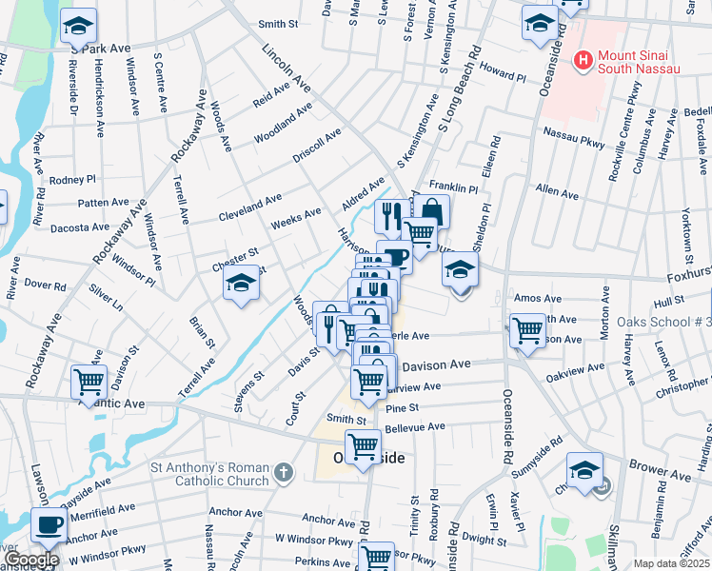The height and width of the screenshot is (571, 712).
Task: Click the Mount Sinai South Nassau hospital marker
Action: [583, 61]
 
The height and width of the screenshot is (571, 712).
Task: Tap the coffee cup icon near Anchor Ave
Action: [49, 524]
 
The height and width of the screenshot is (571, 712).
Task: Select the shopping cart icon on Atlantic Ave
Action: [89, 383]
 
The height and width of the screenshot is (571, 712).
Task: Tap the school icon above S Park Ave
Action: [78, 25]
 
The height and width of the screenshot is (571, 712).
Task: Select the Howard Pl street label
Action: [503, 75]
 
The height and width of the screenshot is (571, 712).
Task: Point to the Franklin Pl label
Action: [451, 186]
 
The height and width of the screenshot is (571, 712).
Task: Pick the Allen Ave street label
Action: [557, 193]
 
